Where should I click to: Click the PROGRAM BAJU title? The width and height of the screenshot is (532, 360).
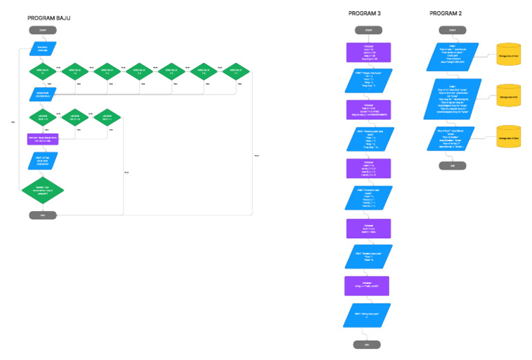pyautogui.click(x=49, y=18)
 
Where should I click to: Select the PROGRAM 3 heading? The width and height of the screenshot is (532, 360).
pyautogui.click(x=364, y=13)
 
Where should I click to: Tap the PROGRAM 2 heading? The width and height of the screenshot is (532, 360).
pyautogui.click(x=445, y=13)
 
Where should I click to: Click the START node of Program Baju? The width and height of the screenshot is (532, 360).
pyautogui.click(x=42, y=30)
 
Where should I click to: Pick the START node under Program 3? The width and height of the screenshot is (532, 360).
pyautogui.click(x=368, y=30)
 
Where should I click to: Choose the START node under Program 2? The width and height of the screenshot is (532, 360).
pyautogui.click(x=452, y=30)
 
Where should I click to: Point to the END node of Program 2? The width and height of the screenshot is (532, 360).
pyautogui.click(x=452, y=165)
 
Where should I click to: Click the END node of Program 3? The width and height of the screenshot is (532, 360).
pyautogui.click(x=368, y=344)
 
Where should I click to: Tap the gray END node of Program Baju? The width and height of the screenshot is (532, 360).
pyautogui.click(x=42, y=215)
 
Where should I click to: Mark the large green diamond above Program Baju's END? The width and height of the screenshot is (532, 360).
pyautogui.click(x=42, y=189)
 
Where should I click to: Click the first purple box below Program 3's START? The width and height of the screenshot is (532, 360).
pyautogui.click(x=368, y=52)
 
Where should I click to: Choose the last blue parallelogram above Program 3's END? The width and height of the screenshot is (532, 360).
pyautogui.click(x=368, y=316)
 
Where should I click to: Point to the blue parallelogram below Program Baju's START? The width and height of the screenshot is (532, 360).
pyautogui.click(x=42, y=48)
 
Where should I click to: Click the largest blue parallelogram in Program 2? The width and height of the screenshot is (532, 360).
pyautogui.click(x=452, y=98)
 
